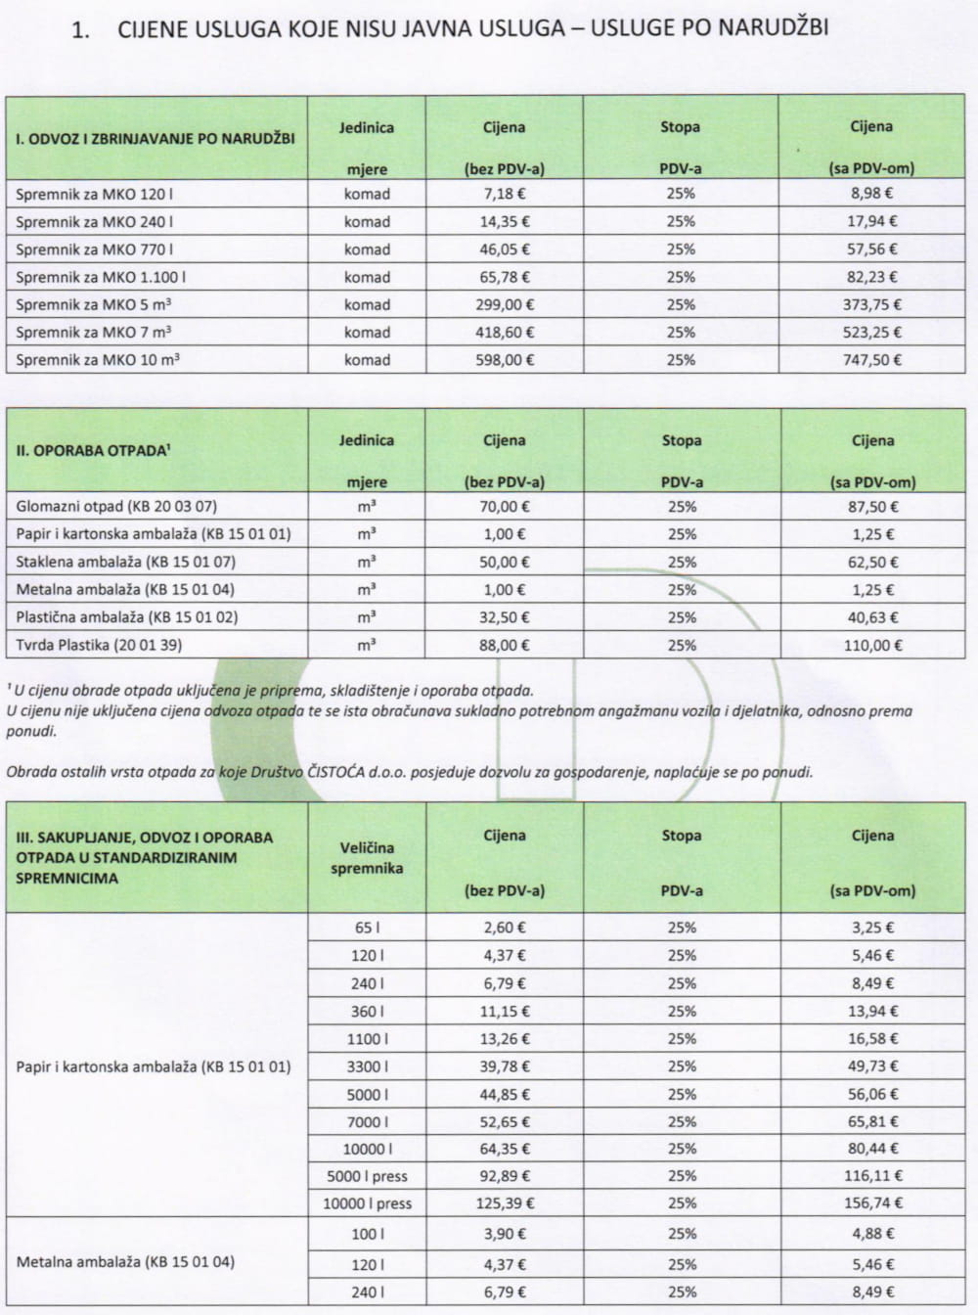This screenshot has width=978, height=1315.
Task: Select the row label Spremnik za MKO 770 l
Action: pos(95,249)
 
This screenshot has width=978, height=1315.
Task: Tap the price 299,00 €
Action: pos(504,304)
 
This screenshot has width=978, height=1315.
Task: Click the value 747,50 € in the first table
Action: pos(872,360)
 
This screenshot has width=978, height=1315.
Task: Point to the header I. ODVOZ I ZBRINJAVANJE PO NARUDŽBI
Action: pos(155,138)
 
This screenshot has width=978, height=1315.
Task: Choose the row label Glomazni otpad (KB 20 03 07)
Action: pos(116,507)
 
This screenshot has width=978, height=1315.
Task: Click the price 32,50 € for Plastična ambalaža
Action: pos(504,617)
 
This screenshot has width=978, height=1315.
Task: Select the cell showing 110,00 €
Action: pos(872,646)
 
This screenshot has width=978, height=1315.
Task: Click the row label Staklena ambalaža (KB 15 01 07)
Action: pos(126,563)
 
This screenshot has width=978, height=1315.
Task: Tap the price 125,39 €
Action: pos(504,1203)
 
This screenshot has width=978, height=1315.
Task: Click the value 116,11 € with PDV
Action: pos(872,1176)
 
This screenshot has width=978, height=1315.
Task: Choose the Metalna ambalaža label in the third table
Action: pos(125,1262)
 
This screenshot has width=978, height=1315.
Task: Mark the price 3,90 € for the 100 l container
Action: pos(504,1235)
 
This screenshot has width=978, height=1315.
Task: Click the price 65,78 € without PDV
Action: pos(504,277)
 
